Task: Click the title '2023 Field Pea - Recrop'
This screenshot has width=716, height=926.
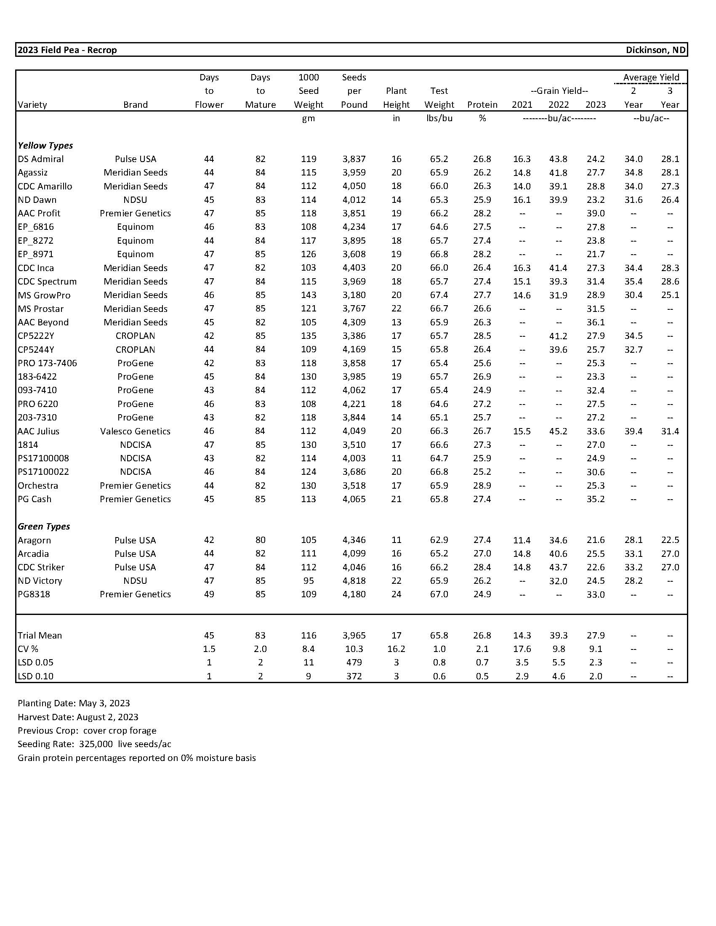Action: [x=67, y=50]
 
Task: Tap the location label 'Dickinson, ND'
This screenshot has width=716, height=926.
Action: [x=655, y=50]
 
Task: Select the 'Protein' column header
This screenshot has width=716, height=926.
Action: [x=482, y=105]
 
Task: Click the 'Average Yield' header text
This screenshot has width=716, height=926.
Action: [x=651, y=77]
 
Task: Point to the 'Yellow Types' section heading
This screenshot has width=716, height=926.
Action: [x=45, y=146]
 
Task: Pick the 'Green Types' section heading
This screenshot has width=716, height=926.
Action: [x=44, y=526]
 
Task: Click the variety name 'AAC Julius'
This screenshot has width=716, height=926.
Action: [x=39, y=431]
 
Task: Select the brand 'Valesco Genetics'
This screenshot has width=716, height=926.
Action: [x=135, y=431]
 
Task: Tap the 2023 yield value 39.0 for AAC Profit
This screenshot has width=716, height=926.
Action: [x=596, y=213]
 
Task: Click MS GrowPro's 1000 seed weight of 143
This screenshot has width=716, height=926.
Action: [x=309, y=295]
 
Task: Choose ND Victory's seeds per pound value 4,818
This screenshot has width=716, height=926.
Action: [x=354, y=580]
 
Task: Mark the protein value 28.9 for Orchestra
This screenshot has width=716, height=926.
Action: [x=482, y=485]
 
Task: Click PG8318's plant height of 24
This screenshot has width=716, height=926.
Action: [x=396, y=594]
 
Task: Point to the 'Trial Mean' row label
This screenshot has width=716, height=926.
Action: [x=40, y=635]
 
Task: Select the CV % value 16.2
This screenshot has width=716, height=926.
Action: [x=396, y=649]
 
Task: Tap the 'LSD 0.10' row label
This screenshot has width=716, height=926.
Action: [x=36, y=676]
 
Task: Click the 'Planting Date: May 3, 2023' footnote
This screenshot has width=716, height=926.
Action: [x=74, y=703]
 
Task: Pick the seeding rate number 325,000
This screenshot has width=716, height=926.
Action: [x=96, y=744]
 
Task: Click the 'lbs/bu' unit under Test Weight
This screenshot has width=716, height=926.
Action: [x=439, y=118]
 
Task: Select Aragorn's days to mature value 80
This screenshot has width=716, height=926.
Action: [x=260, y=540]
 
